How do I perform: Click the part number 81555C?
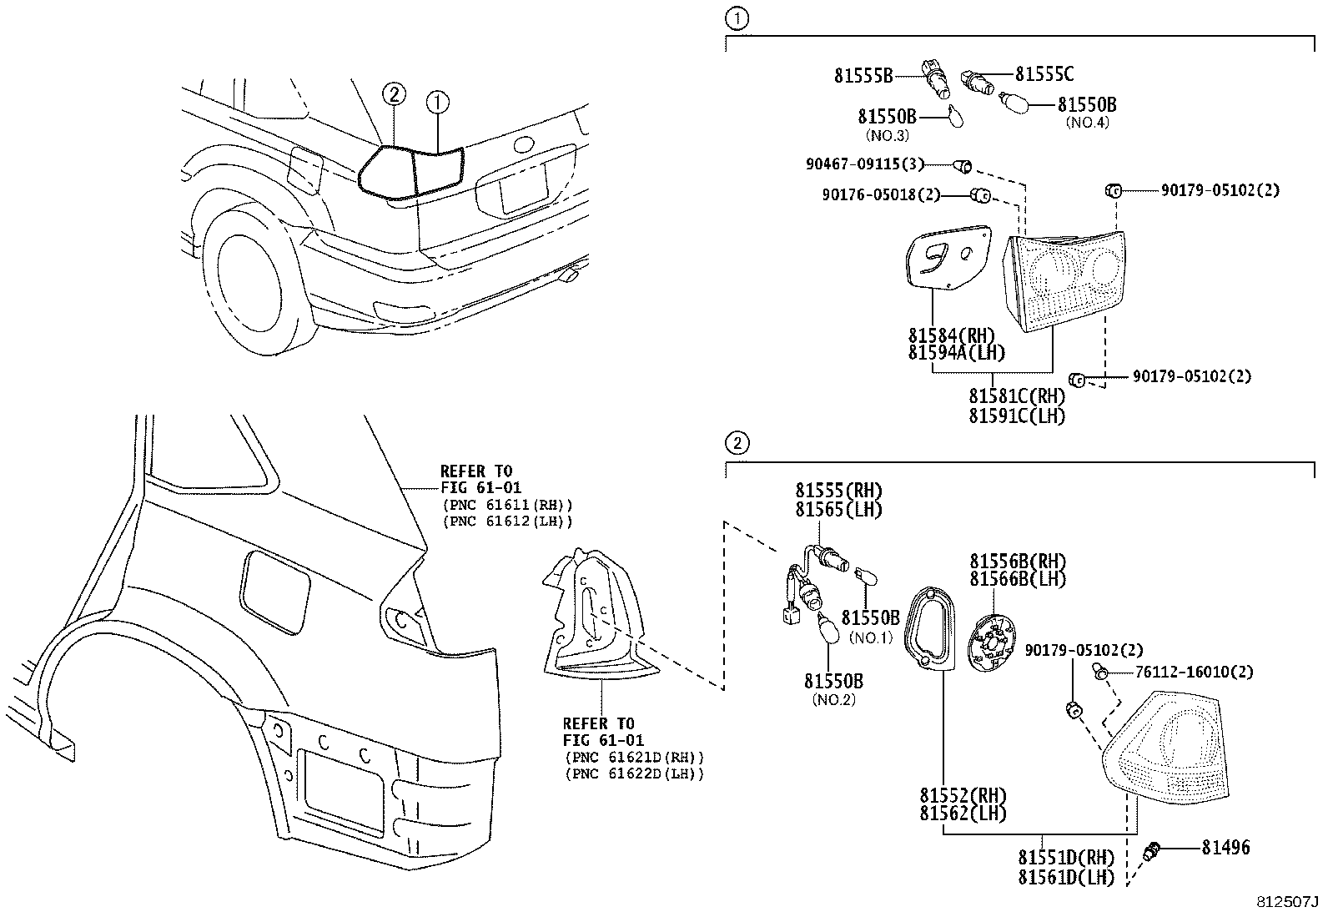pyautogui.click(x=1044, y=74)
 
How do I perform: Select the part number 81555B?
pyautogui.click(x=863, y=76)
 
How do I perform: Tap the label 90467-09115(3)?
pyautogui.click(x=865, y=164)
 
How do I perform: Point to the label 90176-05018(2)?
pyautogui.click(x=881, y=195)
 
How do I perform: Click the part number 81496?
pyautogui.click(x=1225, y=848)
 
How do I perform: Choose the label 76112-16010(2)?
pyautogui.click(x=1194, y=672)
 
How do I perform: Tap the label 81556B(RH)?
pyautogui.click(x=1017, y=561)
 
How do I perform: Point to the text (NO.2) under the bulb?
pyautogui.click(x=833, y=700)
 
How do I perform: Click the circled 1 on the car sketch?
pyautogui.click(x=438, y=103)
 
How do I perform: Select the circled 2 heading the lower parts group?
pyautogui.click(x=737, y=442)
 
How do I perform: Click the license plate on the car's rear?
pyautogui.click(x=522, y=189)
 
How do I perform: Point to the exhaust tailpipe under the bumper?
pyautogui.click(x=573, y=275)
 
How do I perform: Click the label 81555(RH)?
pyautogui.click(x=838, y=491)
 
